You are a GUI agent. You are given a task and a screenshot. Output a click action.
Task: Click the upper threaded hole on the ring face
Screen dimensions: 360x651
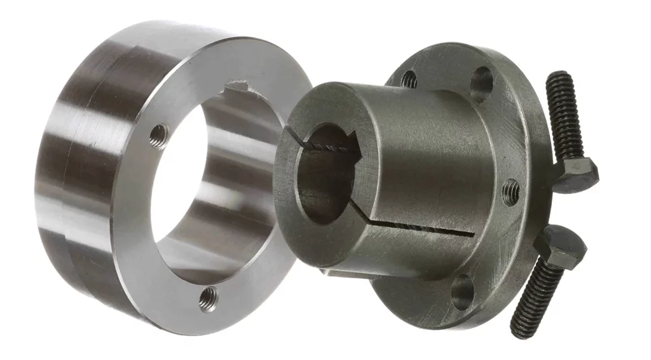(158, 134)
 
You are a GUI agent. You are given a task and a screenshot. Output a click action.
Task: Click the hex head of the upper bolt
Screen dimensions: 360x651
(577, 171)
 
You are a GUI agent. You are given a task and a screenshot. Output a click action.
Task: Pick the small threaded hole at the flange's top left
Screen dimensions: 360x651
(410, 80)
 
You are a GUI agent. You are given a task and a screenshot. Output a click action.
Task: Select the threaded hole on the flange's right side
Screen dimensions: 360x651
(511, 191)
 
